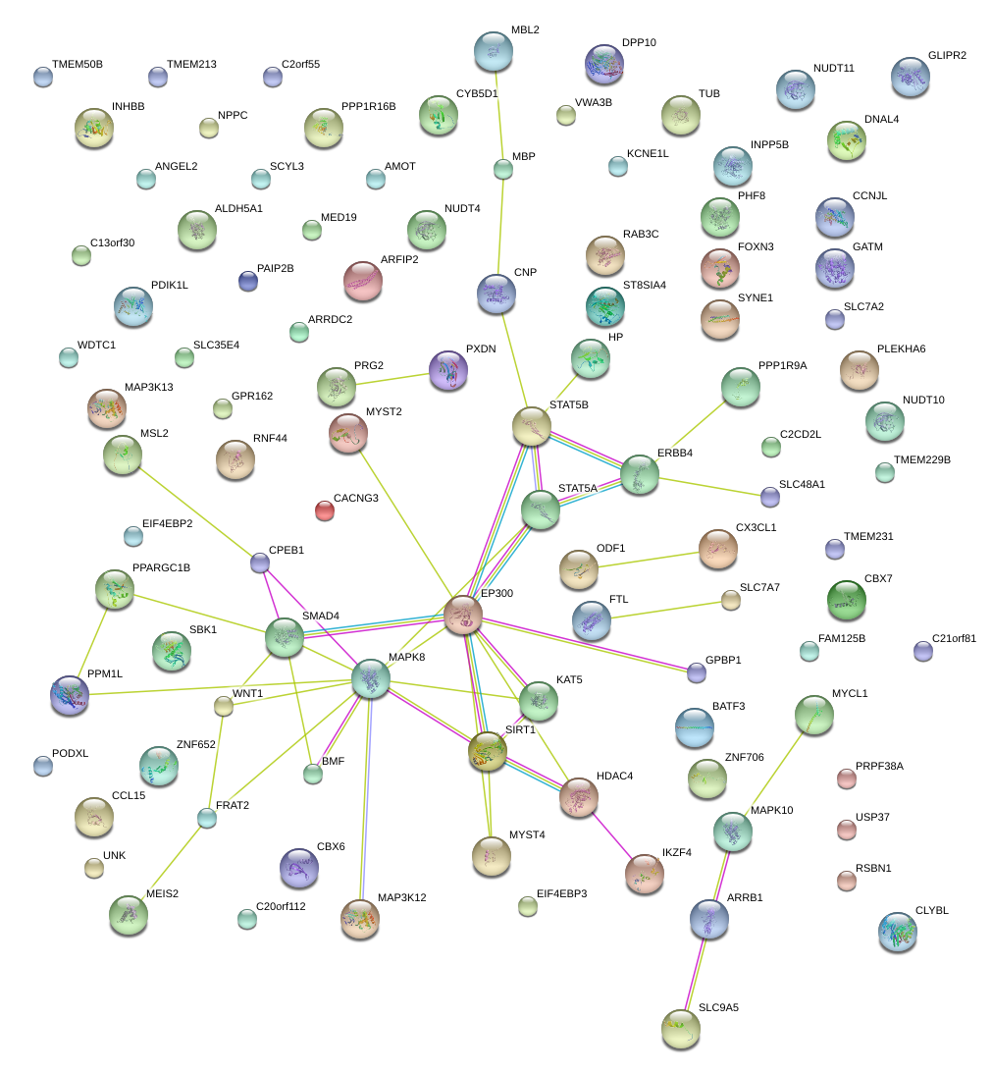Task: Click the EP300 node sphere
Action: click(x=462, y=615)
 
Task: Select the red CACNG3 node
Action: click(x=324, y=510)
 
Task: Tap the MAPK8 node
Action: click(x=370, y=678)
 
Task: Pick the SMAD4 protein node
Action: click(x=285, y=637)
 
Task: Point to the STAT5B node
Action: click(x=532, y=426)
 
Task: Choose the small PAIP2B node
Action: click(x=248, y=282)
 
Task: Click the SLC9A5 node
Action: click(x=680, y=1028)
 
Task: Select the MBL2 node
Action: click(x=493, y=51)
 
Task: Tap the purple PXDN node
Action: click(x=448, y=370)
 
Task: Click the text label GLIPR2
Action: click(x=947, y=55)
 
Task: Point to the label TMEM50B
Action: click(x=77, y=64)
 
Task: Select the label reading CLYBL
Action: click(x=932, y=910)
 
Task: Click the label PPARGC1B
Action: click(x=161, y=567)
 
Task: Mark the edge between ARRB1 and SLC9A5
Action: click(x=695, y=973)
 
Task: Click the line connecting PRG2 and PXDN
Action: click(x=392, y=379)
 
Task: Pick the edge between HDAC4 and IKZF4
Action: click(x=613, y=834)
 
